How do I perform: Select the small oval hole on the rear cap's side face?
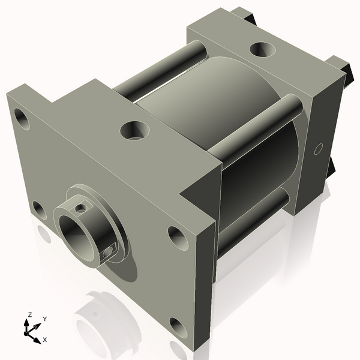[319, 147]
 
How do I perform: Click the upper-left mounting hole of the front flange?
[22, 119]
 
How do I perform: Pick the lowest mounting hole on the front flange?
[178, 328]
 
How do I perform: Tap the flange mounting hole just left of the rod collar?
[39, 210]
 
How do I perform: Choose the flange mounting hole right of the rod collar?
[178, 238]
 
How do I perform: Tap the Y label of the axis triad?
[44, 319]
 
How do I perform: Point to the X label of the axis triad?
[44, 340]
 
